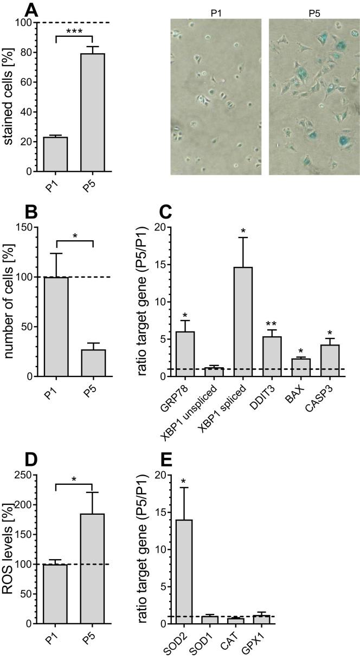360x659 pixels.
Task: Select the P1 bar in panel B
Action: tap(56, 326)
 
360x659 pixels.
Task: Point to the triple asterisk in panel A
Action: tap(74, 31)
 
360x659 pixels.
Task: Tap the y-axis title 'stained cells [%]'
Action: tap(10, 97)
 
